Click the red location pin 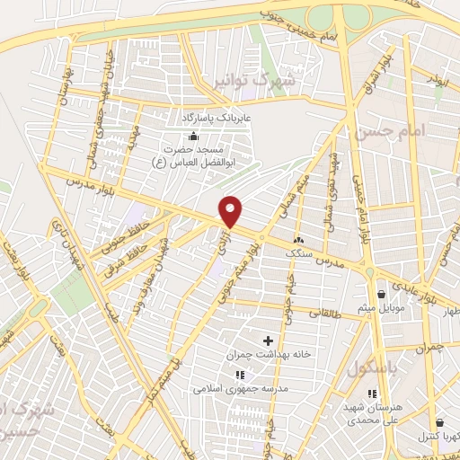click(232, 211)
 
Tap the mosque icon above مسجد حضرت click(192, 136)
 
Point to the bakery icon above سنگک click(298, 240)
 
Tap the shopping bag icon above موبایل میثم click(382, 294)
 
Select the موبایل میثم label click(382, 308)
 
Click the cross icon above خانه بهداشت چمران click(268, 340)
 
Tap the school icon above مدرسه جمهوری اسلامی click(239, 375)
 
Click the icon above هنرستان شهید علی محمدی click(372, 394)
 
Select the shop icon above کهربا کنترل click(439, 422)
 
